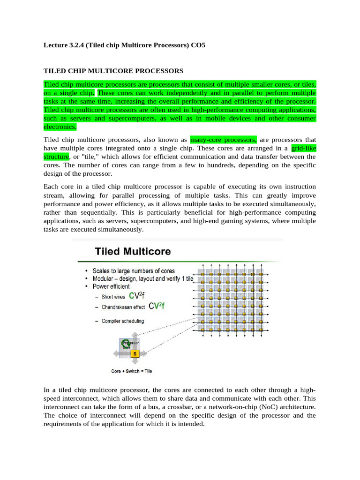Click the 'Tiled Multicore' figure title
(x=133, y=251)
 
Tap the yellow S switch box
(x=135, y=353)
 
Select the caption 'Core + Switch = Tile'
(x=131, y=371)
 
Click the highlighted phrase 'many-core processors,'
(x=223, y=140)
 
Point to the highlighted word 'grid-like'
(x=303, y=148)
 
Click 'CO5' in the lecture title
(x=198, y=45)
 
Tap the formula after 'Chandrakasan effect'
(x=157, y=306)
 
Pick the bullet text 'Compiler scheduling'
(x=123, y=321)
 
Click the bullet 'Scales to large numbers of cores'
(x=134, y=271)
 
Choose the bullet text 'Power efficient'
(x=111, y=286)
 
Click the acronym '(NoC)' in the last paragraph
(x=253, y=407)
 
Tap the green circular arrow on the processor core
(x=125, y=344)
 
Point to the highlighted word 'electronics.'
(x=60, y=127)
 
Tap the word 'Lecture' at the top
(x=55, y=45)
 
